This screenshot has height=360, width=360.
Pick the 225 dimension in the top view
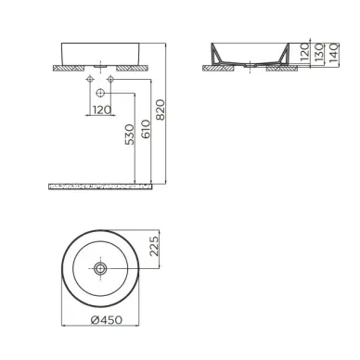point(156,248)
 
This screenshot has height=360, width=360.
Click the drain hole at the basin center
point(100,267)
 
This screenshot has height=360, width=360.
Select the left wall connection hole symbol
point(90,82)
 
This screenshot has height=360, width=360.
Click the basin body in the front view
point(100,52)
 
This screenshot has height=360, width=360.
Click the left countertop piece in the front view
point(69,67)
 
